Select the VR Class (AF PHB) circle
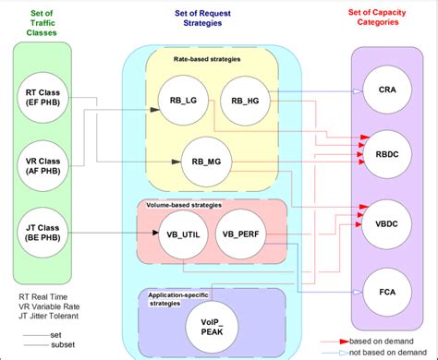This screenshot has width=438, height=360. tap(43, 164)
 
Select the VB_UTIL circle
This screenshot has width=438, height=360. tap(179, 234)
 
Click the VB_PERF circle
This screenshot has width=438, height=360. tap(239, 234)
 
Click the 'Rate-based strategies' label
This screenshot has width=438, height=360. tap(209, 59)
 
